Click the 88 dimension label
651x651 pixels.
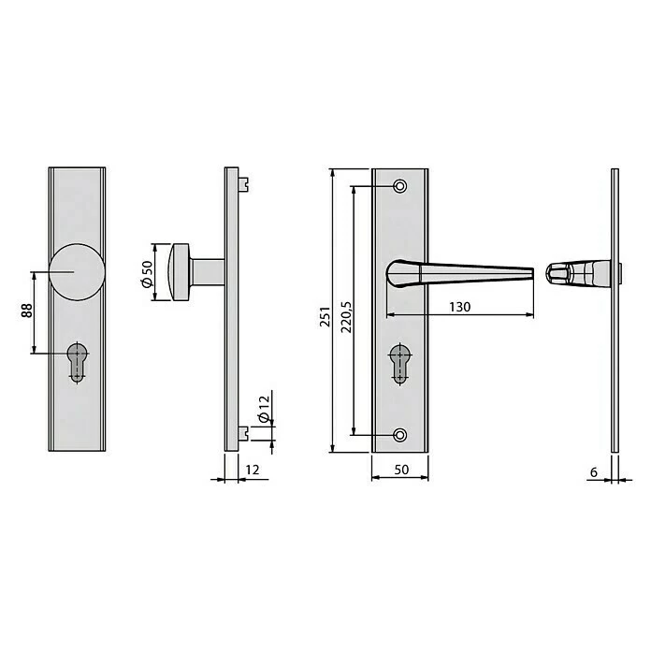coord(24,311)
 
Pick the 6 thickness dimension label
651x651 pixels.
coord(594,472)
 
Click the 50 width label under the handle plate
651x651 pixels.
coord(400,472)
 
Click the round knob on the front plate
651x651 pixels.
coord(76,272)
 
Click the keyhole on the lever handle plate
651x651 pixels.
coord(400,363)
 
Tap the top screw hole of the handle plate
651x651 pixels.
coord(401,186)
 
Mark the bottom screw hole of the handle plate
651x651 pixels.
coord(401,435)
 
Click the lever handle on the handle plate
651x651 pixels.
coord(458,272)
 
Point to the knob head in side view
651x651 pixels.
coord(181,272)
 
